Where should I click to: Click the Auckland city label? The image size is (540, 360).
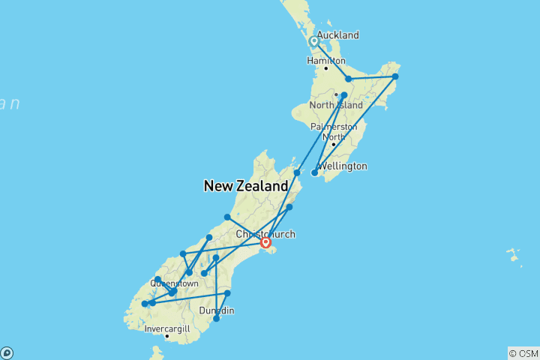coord(337,35)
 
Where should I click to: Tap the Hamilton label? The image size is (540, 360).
coord(326,61)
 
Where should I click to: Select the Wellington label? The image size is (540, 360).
coord(343,166)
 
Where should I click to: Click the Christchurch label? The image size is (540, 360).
coord(265,235)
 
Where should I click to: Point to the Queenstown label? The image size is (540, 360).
coord(174,283)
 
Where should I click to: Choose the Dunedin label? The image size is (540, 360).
coord(217,310)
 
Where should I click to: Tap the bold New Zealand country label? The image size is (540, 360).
coord(245,186)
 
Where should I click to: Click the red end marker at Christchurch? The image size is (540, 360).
coord(265,242)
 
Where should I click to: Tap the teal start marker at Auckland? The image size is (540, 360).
coord(313,41)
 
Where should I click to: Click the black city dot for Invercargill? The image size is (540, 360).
coord(166,336)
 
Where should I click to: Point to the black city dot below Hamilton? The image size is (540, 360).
coord(326,68)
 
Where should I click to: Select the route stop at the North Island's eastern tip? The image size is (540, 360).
coord(395,76)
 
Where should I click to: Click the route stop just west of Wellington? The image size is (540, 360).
coord(314,172)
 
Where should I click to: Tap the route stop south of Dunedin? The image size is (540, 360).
coord(216,319)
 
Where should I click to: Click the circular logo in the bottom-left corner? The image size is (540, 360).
coord(7,352)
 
